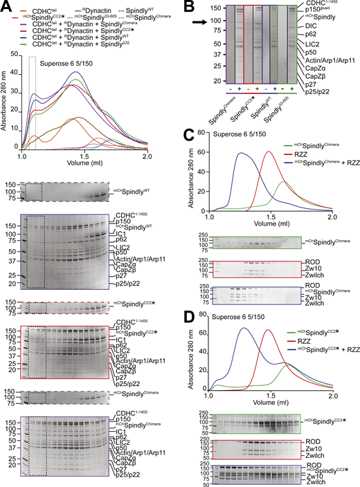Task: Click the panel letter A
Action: [x=6, y=7]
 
